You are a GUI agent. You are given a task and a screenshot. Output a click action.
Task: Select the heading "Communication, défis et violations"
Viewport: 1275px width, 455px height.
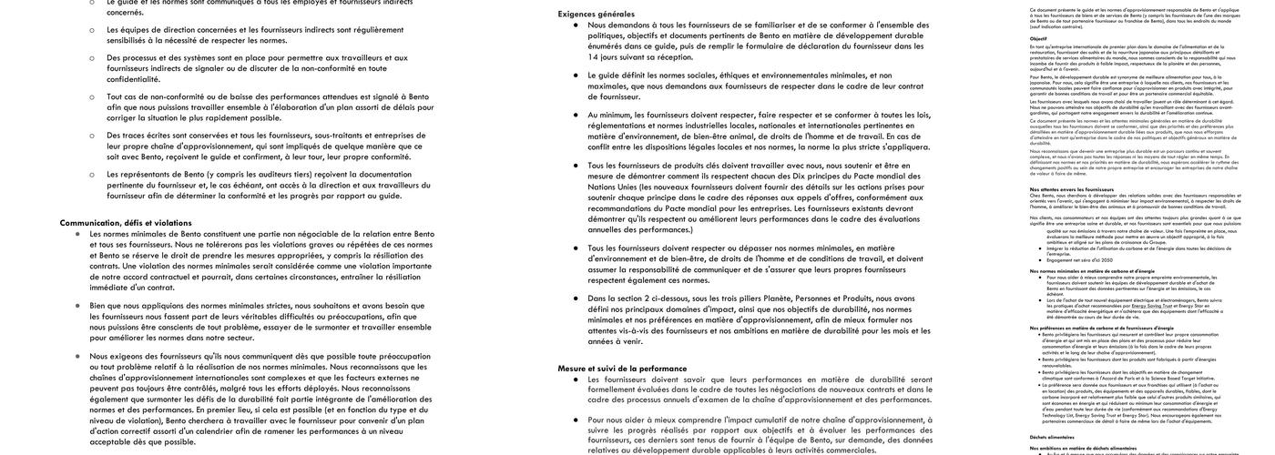[x=126, y=222]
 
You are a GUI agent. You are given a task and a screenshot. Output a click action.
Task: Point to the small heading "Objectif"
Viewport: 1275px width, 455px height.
[x=1038, y=39]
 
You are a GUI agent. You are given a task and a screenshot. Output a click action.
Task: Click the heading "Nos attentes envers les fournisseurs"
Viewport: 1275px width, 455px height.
[x=1058, y=189]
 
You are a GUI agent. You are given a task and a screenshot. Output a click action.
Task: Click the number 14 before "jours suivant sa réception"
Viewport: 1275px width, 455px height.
[x=593, y=56]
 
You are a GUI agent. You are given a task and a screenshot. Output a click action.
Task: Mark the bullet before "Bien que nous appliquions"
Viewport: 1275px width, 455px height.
[x=77, y=306]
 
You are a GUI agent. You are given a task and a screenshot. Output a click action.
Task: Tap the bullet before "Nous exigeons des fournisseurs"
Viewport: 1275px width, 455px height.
[x=77, y=357]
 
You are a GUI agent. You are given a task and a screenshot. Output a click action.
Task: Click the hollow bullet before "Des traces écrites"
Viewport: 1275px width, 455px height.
[x=91, y=136]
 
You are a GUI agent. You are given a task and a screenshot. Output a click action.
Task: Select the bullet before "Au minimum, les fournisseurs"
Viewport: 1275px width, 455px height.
[x=576, y=116]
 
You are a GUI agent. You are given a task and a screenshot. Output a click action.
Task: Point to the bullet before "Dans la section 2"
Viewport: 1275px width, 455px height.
[x=576, y=298]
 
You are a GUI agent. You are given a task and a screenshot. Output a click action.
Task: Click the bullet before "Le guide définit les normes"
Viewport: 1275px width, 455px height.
[x=576, y=76]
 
